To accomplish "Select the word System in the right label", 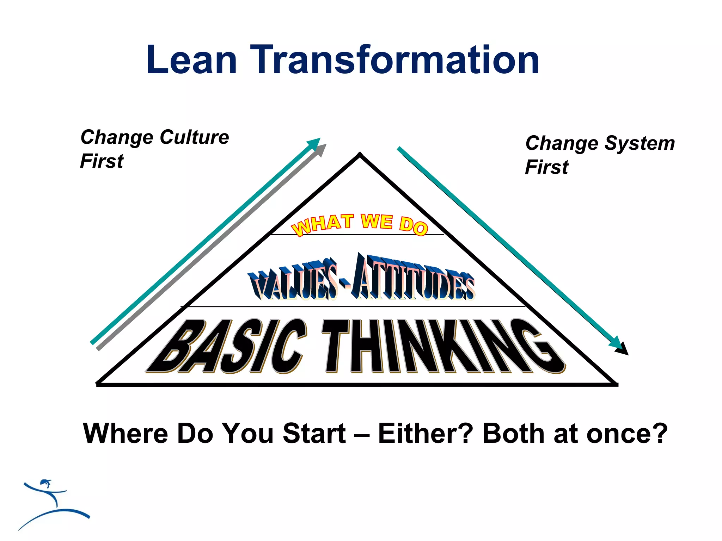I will click(640, 143).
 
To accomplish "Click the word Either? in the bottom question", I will click(425, 433).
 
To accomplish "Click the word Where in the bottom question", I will click(126, 433).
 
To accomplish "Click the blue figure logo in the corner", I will click(53, 504).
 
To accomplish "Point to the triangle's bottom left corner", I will click(98, 384).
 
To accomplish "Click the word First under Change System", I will click(546, 167).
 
